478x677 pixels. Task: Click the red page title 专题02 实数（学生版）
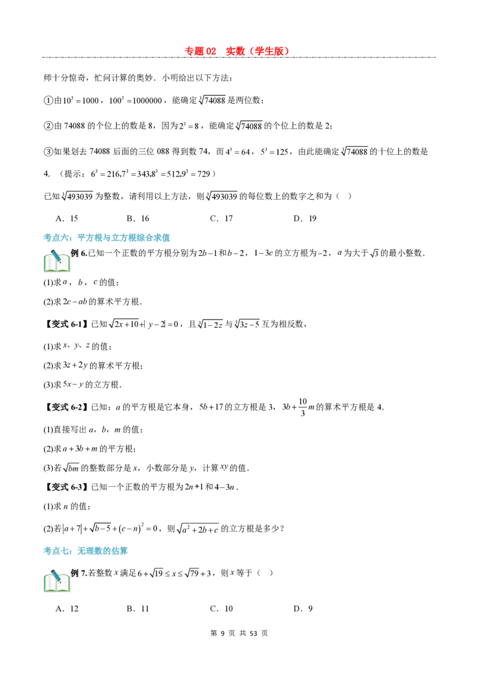[237, 51]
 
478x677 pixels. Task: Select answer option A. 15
[67, 218]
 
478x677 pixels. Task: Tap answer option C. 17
[221, 218]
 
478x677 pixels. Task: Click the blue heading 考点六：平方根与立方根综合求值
[106, 237]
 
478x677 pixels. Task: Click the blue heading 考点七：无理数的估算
[85, 551]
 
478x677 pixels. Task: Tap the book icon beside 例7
[57, 581]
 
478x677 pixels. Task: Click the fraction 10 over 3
[303, 407]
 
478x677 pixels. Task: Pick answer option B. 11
[138, 609]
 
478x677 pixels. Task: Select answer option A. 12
[67, 609]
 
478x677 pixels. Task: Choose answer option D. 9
[303, 609]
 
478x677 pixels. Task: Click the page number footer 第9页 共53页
[239, 633]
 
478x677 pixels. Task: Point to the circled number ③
[48, 151]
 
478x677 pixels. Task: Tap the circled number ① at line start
[48, 100]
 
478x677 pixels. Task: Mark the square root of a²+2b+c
[198, 529]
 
